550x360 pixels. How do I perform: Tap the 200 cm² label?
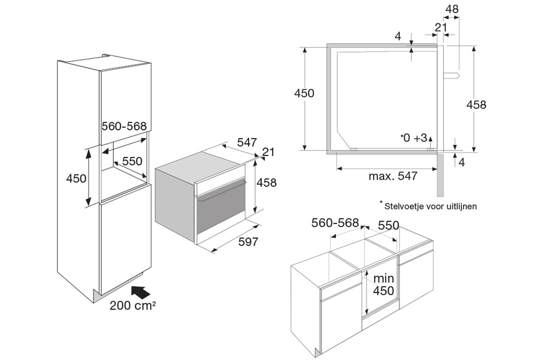point(132,305)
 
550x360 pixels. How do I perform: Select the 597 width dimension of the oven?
point(248,241)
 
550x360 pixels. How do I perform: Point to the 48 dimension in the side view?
point(452,9)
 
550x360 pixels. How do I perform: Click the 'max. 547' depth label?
point(393,175)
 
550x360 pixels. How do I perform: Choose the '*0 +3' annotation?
point(414,138)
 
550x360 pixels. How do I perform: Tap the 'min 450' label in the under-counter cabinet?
point(383,284)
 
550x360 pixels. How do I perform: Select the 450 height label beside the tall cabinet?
point(76,178)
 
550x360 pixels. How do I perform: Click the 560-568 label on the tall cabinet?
point(124,126)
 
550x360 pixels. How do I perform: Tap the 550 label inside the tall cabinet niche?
point(132,161)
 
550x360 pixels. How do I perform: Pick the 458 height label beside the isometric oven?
point(266,182)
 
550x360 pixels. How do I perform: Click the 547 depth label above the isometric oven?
point(247,142)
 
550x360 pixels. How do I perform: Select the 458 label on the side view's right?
point(476,104)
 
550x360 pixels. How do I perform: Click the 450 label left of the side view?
point(304,93)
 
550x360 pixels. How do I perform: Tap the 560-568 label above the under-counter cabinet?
point(335,222)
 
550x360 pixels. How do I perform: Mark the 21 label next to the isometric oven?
point(268,152)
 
